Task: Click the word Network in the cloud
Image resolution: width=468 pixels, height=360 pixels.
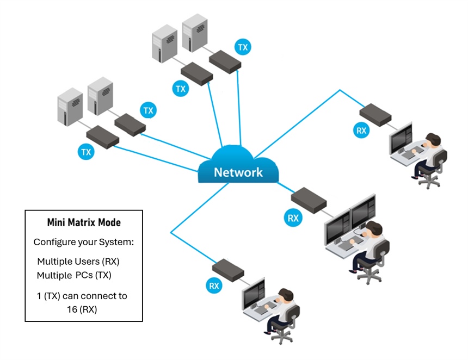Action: pyautogui.click(x=238, y=172)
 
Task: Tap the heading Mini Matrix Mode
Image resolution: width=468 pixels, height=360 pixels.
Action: pyautogui.click(x=84, y=222)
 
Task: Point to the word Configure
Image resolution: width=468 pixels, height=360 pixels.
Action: pyautogui.click(x=53, y=241)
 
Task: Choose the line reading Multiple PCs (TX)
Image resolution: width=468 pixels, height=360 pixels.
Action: pyautogui.click(x=74, y=275)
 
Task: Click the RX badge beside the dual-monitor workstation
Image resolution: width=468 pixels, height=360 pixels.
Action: pyautogui.click(x=293, y=219)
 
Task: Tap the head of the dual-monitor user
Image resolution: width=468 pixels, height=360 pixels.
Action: pyautogui.click(x=373, y=229)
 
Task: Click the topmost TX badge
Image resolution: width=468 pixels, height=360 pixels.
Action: pyautogui.click(x=243, y=47)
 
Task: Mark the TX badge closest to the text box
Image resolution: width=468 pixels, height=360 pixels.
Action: pyautogui.click(x=86, y=152)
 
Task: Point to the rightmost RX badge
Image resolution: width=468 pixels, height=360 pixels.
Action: pyautogui.click(x=361, y=130)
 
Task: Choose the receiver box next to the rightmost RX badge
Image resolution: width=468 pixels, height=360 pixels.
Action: pyautogui.click(x=375, y=113)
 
